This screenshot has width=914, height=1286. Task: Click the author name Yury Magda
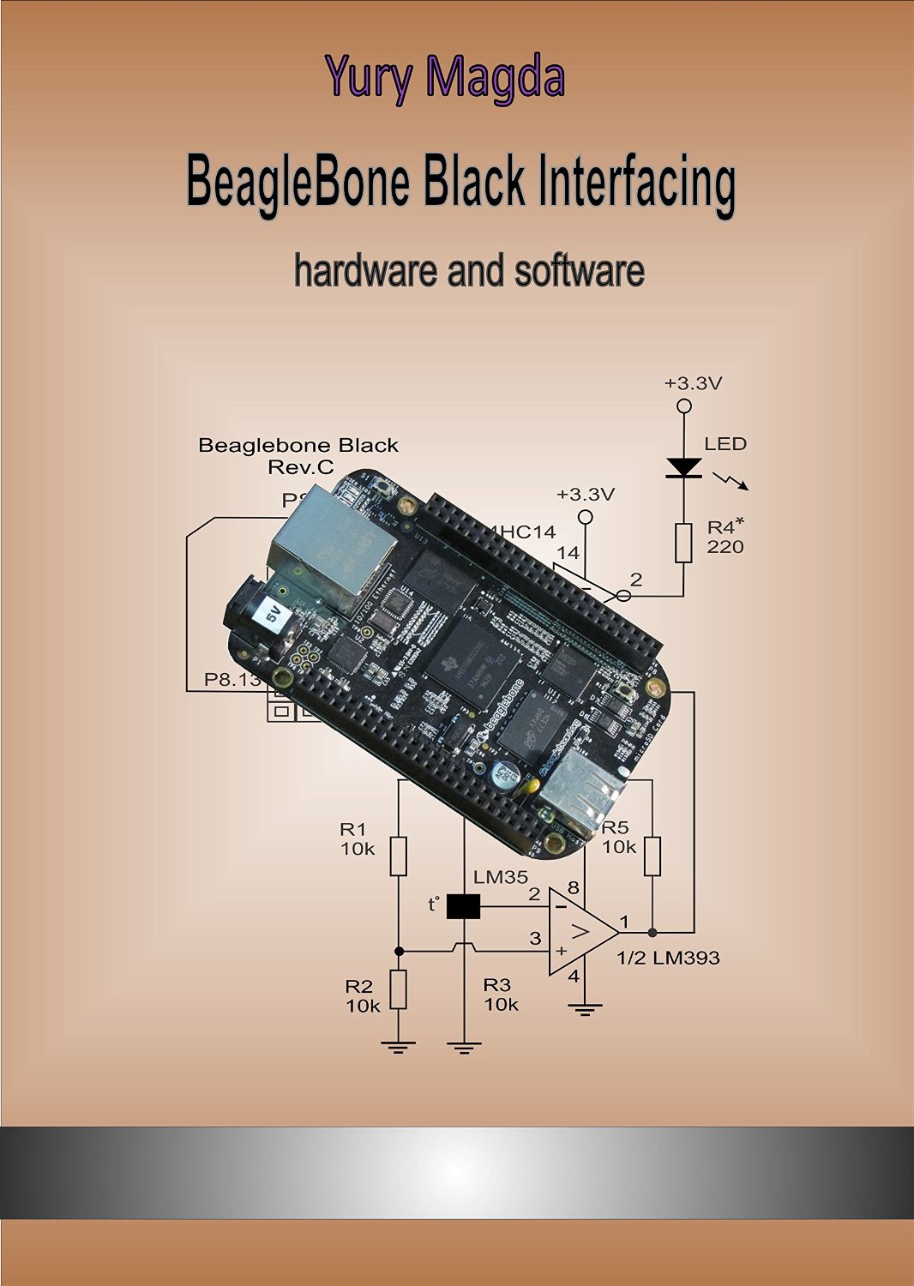click(445, 78)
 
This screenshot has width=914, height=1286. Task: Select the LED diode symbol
click(683, 467)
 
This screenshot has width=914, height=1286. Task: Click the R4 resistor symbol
click(683, 543)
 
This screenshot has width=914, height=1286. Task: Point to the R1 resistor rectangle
click(398, 856)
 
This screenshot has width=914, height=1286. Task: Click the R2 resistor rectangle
click(398, 989)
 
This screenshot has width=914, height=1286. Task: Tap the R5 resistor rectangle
click(652, 856)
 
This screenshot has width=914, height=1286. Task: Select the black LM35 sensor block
click(464, 906)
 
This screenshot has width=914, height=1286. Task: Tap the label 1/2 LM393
click(668, 958)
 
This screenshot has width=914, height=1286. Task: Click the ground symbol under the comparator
click(585, 1010)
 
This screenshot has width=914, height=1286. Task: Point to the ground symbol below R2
click(398, 1046)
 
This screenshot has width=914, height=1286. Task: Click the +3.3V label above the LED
click(693, 383)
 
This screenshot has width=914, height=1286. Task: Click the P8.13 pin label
click(232, 680)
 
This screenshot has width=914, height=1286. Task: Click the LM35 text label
click(501, 877)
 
